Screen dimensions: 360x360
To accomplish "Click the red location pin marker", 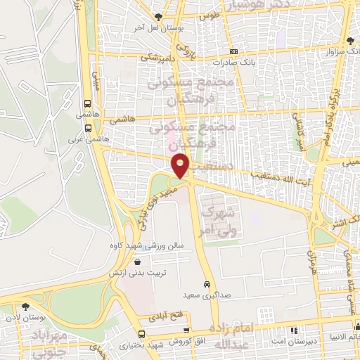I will pyautogui.click(x=181, y=166).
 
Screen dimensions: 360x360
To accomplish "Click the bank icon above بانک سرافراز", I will pyautogui.click(x=349, y=41).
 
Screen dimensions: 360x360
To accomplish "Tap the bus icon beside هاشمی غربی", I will pyautogui.click(x=88, y=129).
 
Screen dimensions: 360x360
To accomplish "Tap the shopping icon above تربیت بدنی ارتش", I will pyautogui.click(x=136, y=261).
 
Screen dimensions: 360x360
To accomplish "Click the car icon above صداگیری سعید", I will pyautogui.click(x=205, y=285).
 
